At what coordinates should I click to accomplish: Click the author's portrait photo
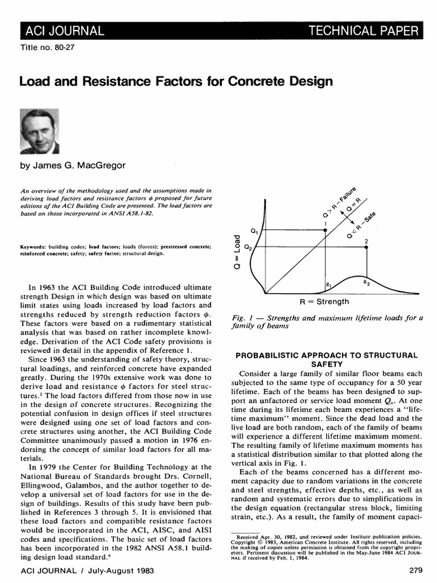click(x=40, y=131)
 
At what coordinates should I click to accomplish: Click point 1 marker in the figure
click(x=325, y=229)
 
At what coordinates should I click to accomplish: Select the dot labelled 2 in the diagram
click(x=366, y=247)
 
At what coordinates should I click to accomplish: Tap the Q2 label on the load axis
click(x=248, y=248)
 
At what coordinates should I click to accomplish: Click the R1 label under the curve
click(x=329, y=284)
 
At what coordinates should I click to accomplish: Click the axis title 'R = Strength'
click(x=324, y=301)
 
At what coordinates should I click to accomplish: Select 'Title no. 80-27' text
click(x=47, y=47)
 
